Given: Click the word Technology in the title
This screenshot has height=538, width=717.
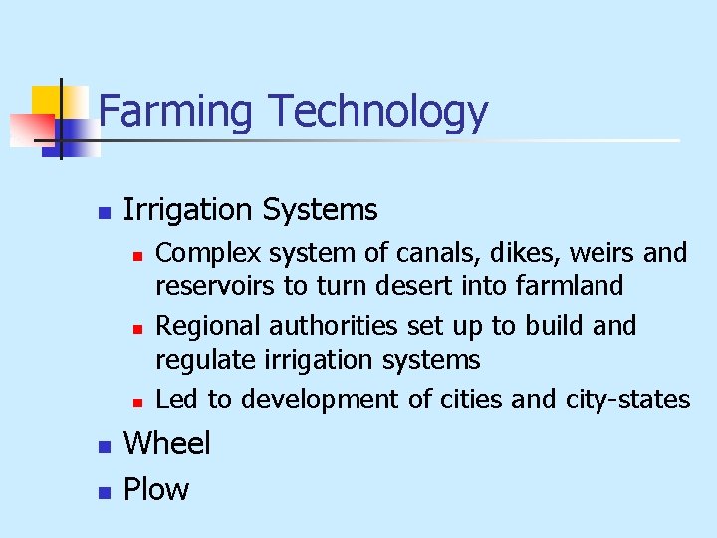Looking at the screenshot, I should point(377,113).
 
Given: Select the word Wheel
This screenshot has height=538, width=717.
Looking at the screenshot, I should point(166,443).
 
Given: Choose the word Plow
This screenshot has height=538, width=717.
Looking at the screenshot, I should point(155,489).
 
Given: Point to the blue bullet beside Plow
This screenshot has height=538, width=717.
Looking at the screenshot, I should point(102,492).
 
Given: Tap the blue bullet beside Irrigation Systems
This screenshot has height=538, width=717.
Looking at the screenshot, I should point(102,213).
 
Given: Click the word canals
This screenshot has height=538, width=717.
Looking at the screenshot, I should point(389,253).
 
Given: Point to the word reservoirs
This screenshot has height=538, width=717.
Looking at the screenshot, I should point(216,287).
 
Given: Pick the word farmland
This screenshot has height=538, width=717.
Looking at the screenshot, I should point(570,287).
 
